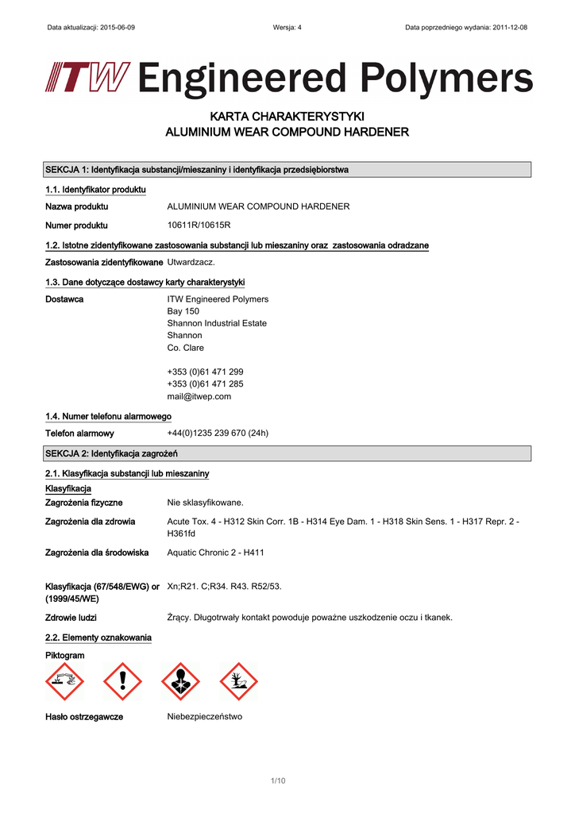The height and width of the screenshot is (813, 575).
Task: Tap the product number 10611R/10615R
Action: (199, 225)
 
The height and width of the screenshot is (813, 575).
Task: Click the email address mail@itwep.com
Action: (199, 396)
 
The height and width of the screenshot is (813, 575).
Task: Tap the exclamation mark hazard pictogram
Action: (122, 681)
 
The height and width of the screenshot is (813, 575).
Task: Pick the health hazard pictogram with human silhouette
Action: (180, 681)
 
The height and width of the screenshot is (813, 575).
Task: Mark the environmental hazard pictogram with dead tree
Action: (238, 681)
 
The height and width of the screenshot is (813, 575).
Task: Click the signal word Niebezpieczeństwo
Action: (204, 717)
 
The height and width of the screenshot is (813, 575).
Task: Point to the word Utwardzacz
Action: (191, 262)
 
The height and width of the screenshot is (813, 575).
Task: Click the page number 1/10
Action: (277, 781)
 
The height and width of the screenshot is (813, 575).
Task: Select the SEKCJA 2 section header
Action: (111, 453)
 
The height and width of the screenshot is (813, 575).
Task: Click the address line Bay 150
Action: (183, 311)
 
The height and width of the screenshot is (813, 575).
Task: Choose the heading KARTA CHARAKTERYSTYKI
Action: (287, 116)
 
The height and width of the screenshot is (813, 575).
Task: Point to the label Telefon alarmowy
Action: (79, 433)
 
